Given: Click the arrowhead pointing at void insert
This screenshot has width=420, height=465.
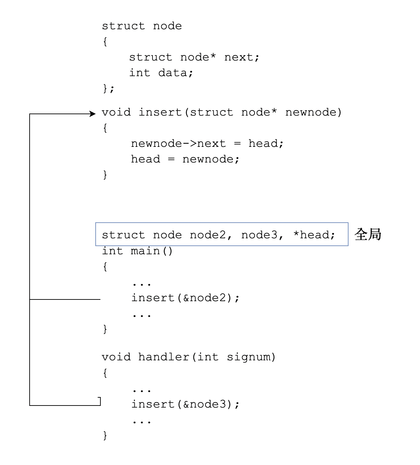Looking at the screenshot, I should pos(93,114).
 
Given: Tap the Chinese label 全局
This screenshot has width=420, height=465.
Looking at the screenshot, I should pos(368,234).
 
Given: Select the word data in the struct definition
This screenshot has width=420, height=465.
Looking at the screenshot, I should pos(172,73).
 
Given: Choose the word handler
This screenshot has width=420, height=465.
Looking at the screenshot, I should pos(164,357).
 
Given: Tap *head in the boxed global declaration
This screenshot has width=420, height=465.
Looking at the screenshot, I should pos(311,235).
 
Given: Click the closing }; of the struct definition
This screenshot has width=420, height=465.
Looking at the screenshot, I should pos(109,88).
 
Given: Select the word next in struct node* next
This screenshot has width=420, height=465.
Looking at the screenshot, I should pos(238,57).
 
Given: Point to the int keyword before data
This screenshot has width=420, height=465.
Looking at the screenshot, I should pos(140,73).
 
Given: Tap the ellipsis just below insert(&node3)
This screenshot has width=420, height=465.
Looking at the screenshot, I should pos(142,421).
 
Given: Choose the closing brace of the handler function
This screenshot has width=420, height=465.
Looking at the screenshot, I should pos(105,435).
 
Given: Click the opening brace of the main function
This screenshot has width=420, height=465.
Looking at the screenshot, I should pos(105,266).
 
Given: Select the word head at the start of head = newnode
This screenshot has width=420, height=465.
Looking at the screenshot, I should pos(145,159).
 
